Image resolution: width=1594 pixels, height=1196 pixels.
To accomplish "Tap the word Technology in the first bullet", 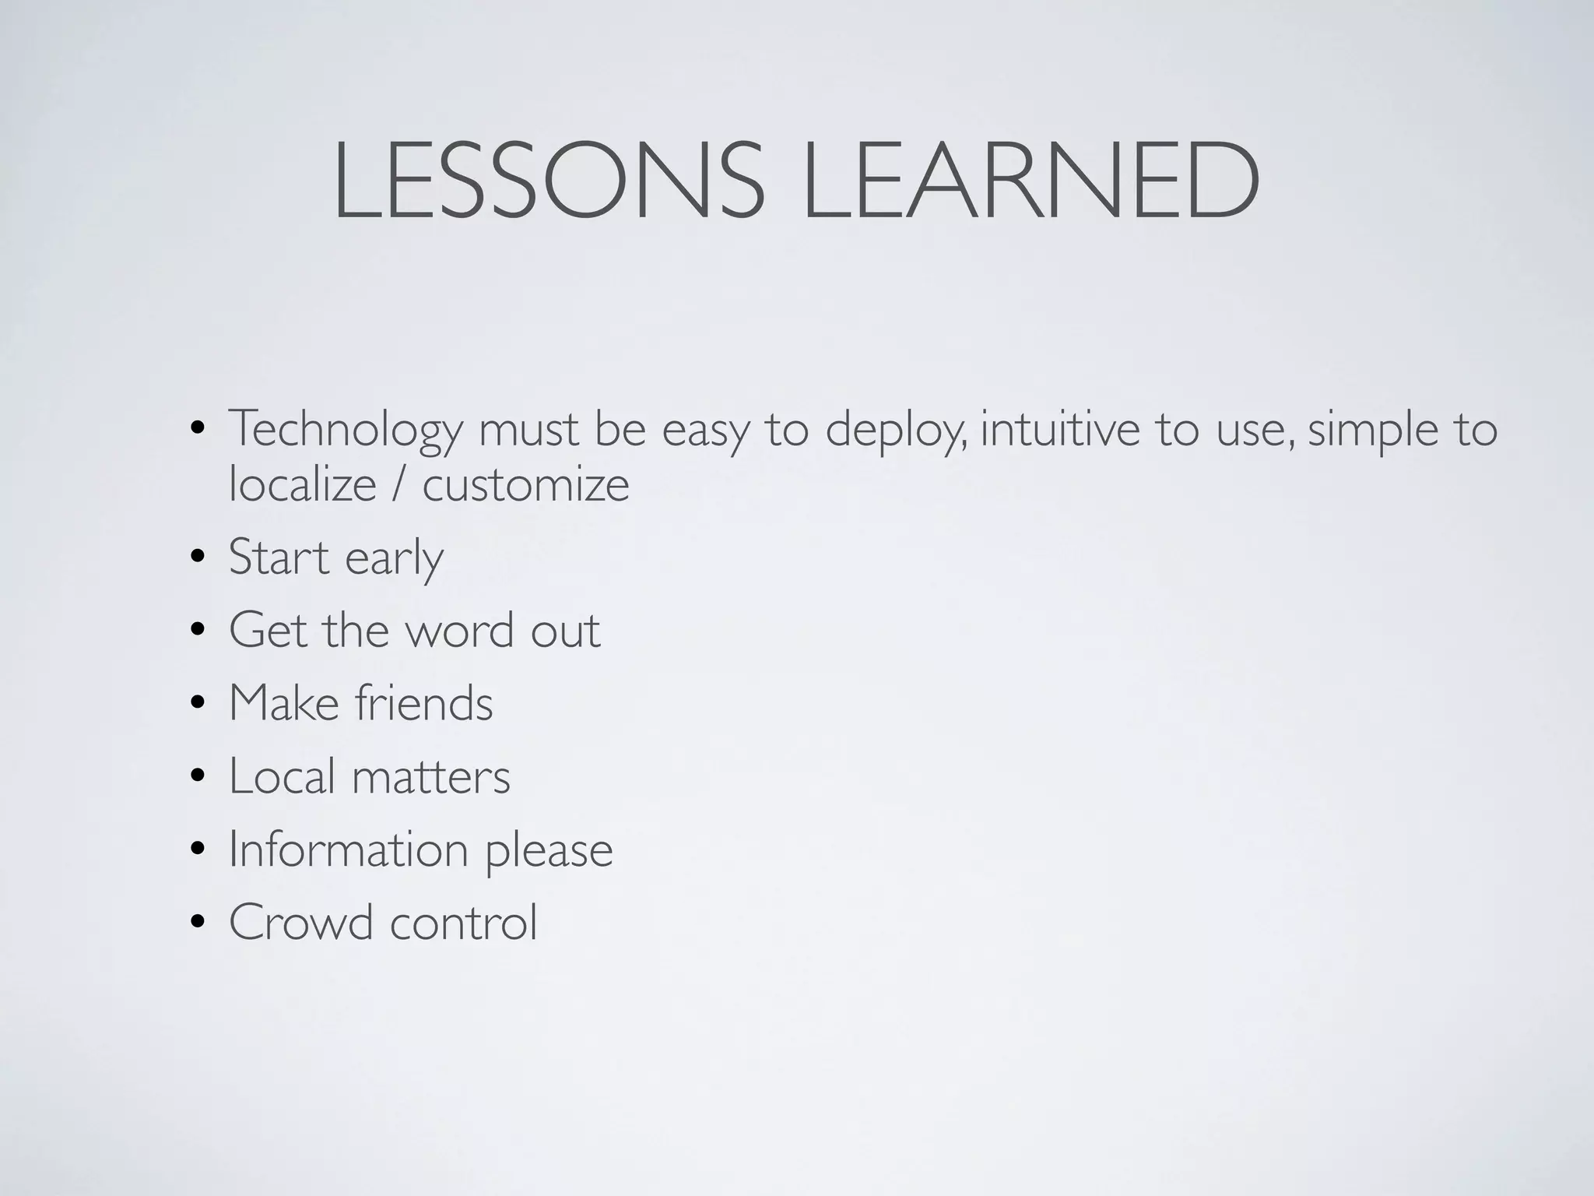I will coord(346,431).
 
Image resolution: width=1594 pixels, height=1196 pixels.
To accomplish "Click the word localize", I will coord(303,485).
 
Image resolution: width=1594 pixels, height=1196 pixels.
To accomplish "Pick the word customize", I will coord(525,485).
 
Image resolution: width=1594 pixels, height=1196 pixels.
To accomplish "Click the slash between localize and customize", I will coord(399,485).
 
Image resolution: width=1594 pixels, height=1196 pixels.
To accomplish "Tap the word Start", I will coord(279,558).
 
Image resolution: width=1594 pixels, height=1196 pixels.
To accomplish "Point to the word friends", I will coord(423,703).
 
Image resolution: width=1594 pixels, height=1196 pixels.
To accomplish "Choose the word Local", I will coord(282,776).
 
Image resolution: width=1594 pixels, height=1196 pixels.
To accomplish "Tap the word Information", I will coord(348,849).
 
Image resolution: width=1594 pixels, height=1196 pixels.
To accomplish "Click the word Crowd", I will coord(300,922).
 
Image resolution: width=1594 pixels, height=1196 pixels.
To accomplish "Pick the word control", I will coord(463,922).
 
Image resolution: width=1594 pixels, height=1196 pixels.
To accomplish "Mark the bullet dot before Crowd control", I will coord(198,923).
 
